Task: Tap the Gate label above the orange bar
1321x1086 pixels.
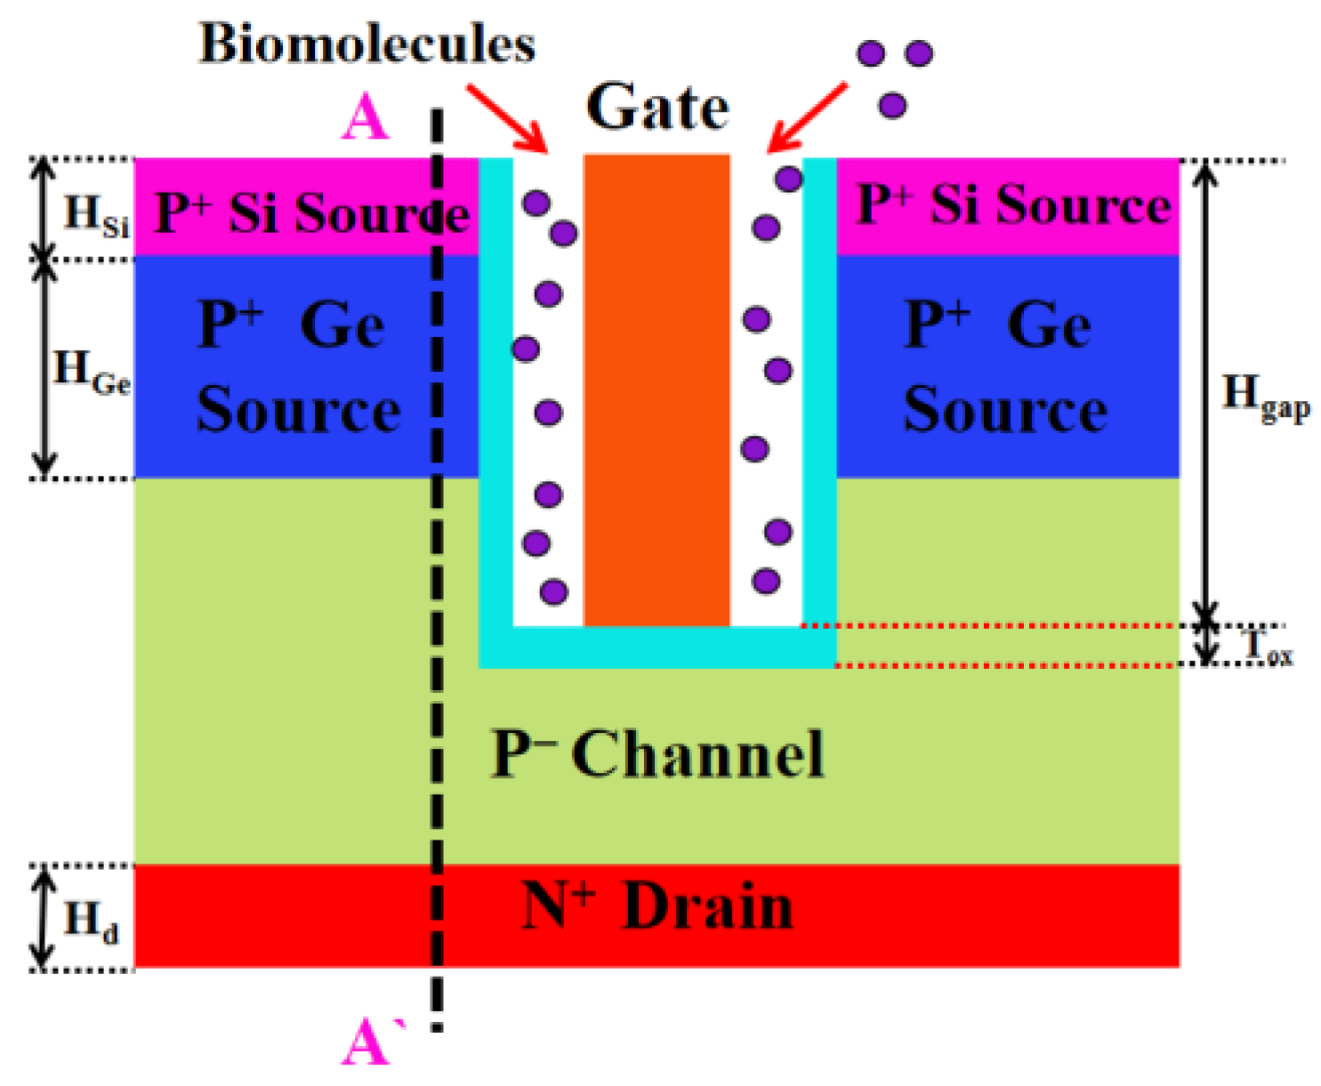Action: (x=657, y=108)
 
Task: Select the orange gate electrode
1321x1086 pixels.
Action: (x=656, y=391)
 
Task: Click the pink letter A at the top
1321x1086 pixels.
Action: (x=365, y=118)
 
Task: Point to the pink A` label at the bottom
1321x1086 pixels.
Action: (x=369, y=1042)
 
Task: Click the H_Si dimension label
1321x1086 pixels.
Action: (x=96, y=214)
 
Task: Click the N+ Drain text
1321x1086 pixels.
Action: (x=656, y=907)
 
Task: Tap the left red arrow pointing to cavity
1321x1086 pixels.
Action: (x=507, y=118)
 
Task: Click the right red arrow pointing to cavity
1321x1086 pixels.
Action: (x=808, y=118)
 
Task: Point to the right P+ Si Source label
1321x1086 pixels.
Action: (x=1012, y=205)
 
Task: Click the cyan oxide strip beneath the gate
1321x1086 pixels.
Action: (x=656, y=647)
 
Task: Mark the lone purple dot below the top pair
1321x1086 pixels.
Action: (x=892, y=106)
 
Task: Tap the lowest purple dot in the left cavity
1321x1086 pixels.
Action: (x=553, y=591)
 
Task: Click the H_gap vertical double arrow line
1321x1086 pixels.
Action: (x=1205, y=391)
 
